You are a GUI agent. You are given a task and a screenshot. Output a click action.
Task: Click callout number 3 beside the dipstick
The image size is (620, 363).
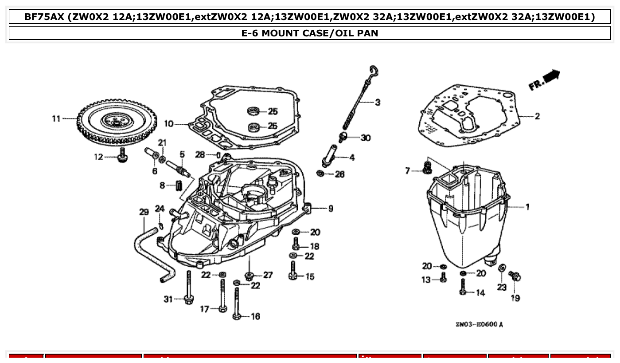point(377,103)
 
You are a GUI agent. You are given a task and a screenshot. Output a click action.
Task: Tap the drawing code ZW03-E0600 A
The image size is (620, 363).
point(479,324)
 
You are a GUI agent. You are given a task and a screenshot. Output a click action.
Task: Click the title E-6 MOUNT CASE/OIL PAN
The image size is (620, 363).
point(309,33)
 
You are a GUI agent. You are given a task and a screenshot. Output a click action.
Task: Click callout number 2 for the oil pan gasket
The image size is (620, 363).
point(537,116)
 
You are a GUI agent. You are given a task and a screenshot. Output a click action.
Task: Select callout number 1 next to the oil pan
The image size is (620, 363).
point(527,207)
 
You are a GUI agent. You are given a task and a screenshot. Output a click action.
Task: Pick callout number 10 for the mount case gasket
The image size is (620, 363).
point(169,123)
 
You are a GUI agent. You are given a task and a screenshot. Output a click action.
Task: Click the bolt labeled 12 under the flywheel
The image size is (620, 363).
point(120,156)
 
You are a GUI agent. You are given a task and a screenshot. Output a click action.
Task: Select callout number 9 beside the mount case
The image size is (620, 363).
point(331,208)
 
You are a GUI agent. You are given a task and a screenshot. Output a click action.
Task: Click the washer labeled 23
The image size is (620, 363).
point(502,268)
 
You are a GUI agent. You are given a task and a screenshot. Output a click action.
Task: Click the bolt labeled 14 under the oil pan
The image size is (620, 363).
point(463,286)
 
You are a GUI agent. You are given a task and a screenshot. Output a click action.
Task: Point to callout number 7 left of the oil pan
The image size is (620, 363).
point(408,171)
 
